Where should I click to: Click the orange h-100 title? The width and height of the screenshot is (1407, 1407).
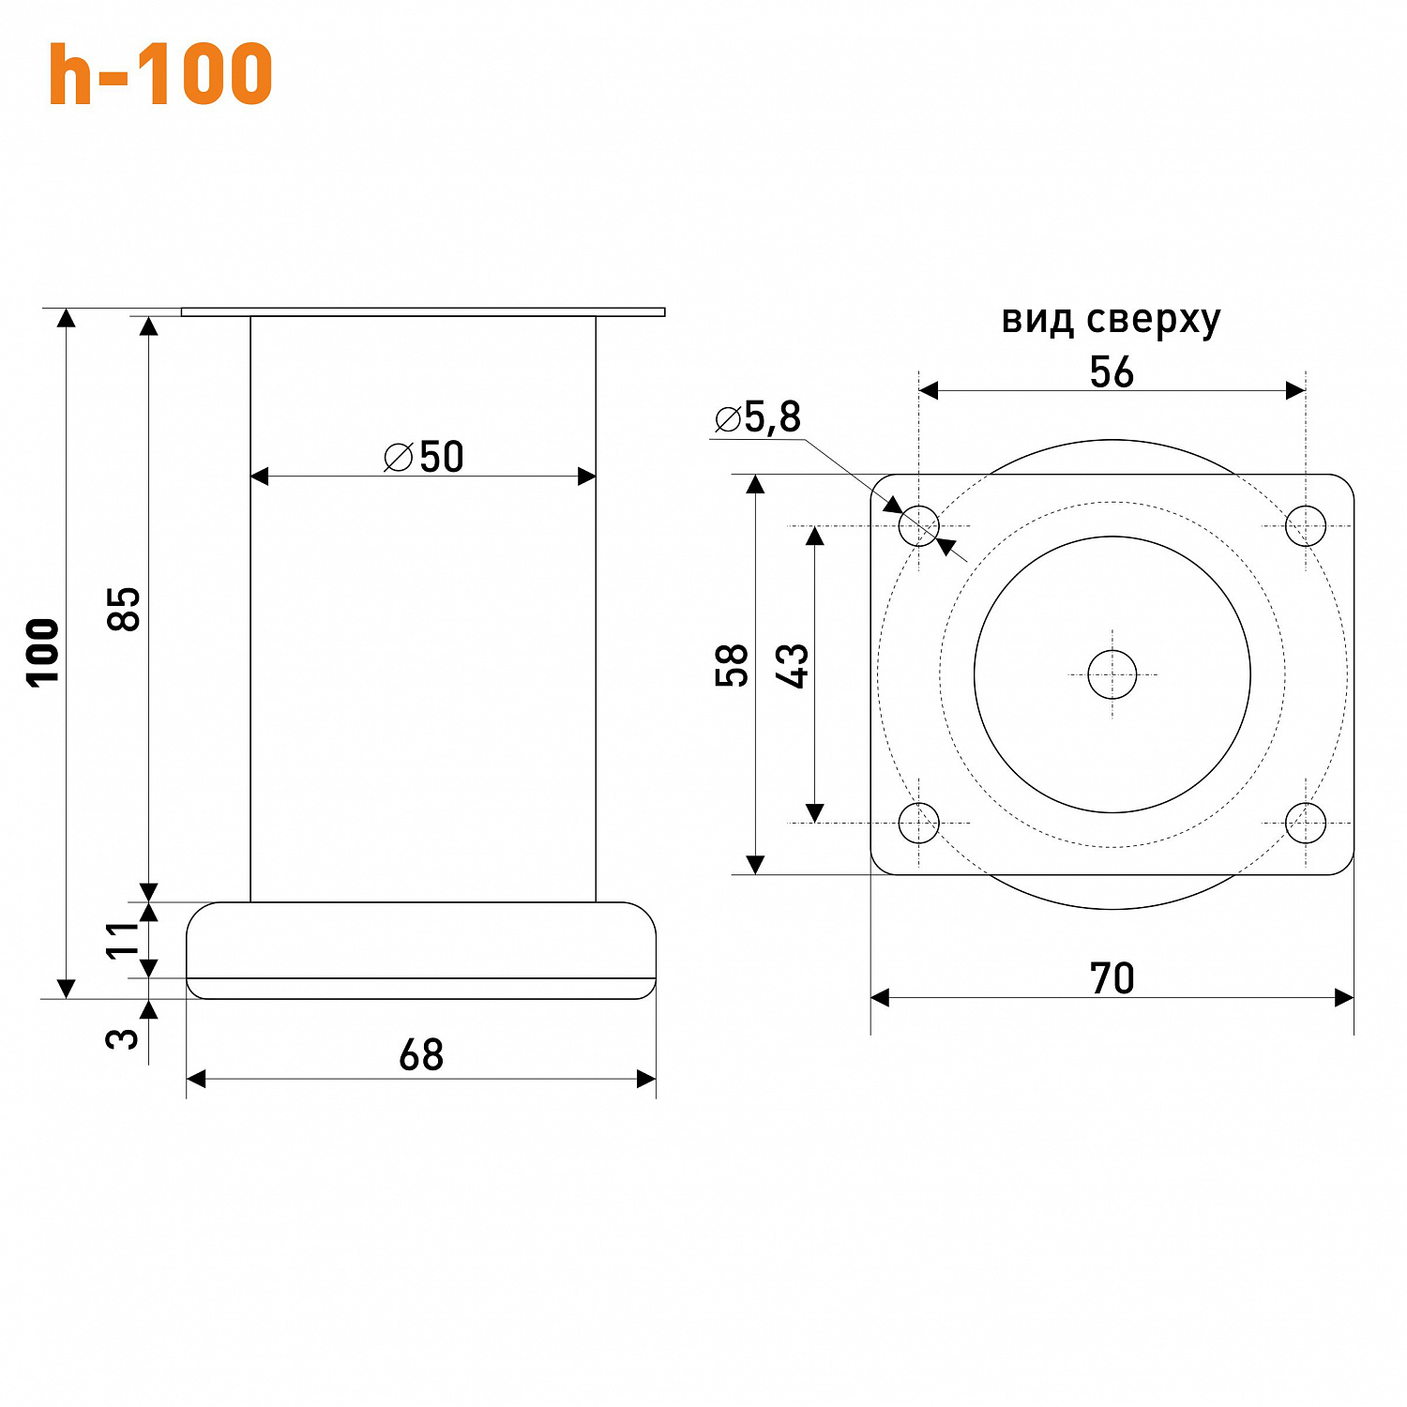[160, 74]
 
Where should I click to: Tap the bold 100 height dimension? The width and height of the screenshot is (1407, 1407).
[43, 653]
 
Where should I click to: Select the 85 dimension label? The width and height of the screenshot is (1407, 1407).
[124, 609]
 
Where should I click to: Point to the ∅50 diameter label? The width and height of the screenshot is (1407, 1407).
[424, 457]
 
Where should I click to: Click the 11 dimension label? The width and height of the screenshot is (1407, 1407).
[123, 940]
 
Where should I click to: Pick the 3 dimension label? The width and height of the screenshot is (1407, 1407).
[123, 1038]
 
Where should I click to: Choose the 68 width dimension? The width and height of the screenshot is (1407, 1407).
[421, 1055]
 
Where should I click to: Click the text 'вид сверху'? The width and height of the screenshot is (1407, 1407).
[1112, 321]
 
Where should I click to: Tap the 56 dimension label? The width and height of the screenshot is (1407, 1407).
[1112, 372]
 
